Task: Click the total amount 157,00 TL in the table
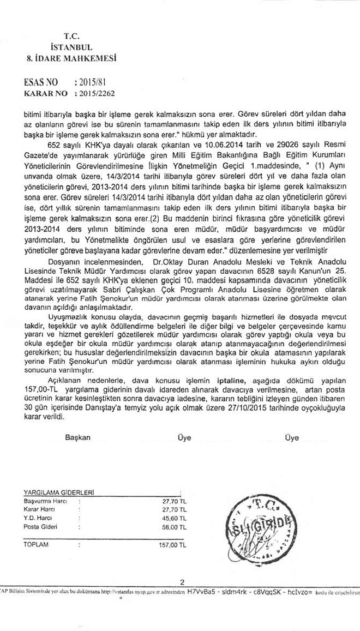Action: pyautogui.click(x=172, y=545)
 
